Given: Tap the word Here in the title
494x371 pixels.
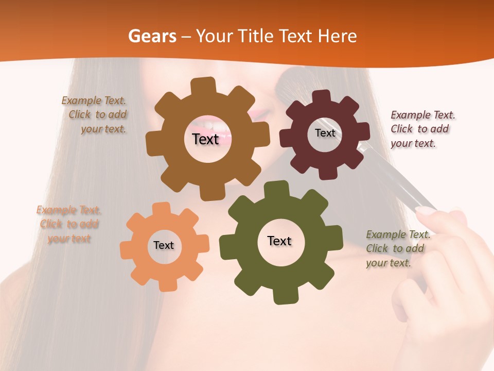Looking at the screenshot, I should point(337,36).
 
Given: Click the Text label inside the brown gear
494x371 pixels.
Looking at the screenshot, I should point(205,139).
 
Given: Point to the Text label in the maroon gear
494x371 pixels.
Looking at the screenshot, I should point(325,133).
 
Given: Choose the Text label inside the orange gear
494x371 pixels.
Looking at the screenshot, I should point(164,246).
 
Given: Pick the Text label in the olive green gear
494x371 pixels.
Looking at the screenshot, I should point(279,241).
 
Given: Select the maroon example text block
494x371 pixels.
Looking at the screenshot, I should point(422,129).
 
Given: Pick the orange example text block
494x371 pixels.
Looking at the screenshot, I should point(69,224).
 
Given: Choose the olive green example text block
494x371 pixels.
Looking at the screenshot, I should point(397,249).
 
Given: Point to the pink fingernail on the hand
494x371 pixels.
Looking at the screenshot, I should point(425,210).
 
